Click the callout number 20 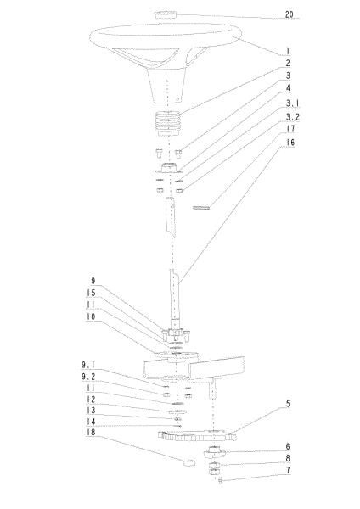click(x=289, y=14)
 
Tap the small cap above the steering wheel click(x=166, y=15)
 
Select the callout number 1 click(x=288, y=51)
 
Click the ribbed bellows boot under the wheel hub click(x=167, y=123)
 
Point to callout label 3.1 click(x=292, y=103)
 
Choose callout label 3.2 click(x=292, y=117)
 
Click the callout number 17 click(x=290, y=129)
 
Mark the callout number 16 click(x=290, y=143)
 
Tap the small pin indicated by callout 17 click(x=201, y=207)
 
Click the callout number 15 click(x=91, y=294)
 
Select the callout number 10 click(x=91, y=316)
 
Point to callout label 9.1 click(x=88, y=365)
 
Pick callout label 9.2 click(x=88, y=377)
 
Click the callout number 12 click(x=91, y=400)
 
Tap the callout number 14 click(x=91, y=422)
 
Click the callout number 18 click(x=91, y=433)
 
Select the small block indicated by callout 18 click(x=189, y=462)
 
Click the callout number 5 click(x=288, y=404)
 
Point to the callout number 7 click(x=288, y=470)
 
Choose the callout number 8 click(x=288, y=458)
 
